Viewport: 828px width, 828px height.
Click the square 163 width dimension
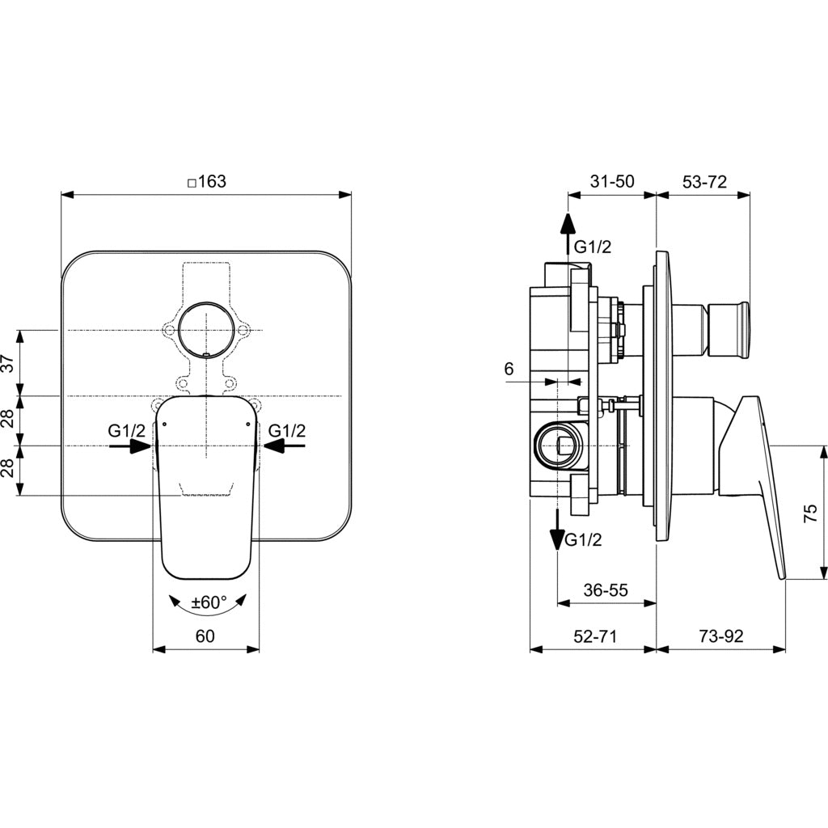(x=207, y=182)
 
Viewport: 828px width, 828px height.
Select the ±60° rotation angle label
(x=209, y=602)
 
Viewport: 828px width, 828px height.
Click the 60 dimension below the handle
(x=205, y=636)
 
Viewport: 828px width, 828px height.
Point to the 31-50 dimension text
(x=612, y=181)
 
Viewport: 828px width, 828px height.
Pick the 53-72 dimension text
(x=704, y=181)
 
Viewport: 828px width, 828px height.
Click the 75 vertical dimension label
(x=810, y=513)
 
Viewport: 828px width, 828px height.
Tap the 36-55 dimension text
(x=606, y=589)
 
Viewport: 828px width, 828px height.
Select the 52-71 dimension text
(x=595, y=636)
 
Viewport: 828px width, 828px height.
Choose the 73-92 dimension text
(x=721, y=636)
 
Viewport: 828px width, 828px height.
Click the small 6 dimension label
(x=509, y=369)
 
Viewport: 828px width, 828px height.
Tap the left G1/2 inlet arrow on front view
(x=130, y=446)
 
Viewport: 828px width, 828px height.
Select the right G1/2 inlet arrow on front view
(x=284, y=446)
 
